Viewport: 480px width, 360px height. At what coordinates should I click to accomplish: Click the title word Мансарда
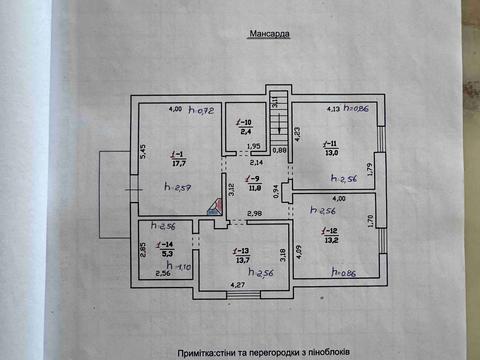pyautogui.click(x=267, y=33)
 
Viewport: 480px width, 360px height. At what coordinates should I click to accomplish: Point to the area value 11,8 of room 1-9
pyautogui.click(x=254, y=186)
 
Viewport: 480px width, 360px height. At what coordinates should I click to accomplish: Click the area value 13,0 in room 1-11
pyautogui.click(x=330, y=153)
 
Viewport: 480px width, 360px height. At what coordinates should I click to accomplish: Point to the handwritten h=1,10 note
pyautogui.click(x=180, y=267)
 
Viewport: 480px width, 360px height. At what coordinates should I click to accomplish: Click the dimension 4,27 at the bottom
pyautogui.click(x=237, y=286)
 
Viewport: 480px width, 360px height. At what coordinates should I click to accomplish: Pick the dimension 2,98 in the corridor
pyautogui.click(x=255, y=213)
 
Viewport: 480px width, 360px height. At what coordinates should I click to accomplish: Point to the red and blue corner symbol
pyautogui.click(x=212, y=207)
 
